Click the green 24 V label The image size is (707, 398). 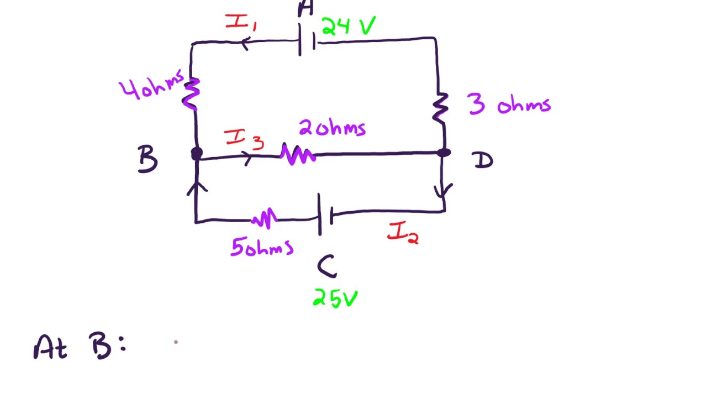pyautogui.click(x=348, y=26)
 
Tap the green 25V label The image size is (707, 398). pyautogui.click(x=335, y=298)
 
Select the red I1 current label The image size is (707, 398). pyautogui.click(x=240, y=23)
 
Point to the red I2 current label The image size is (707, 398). pyautogui.click(x=403, y=233)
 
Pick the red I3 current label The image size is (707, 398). pyautogui.click(x=244, y=139)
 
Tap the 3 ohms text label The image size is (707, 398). pyautogui.click(x=509, y=103)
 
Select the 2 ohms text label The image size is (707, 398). pyautogui.click(x=332, y=128)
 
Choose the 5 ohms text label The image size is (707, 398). pyautogui.click(x=261, y=248)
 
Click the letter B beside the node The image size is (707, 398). pyautogui.click(x=147, y=160)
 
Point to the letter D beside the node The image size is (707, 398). pyautogui.click(x=483, y=160)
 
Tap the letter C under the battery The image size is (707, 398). pyautogui.click(x=327, y=266)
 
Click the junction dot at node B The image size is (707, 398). pyautogui.click(x=197, y=154)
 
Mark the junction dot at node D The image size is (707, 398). pyautogui.click(x=444, y=153)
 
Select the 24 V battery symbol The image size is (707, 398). pyautogui.click(x=307, y=41)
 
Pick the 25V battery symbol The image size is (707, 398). pyautogui.click(x=325, y=214)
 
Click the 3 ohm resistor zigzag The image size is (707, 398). pyautogui.click(x=440, y=107)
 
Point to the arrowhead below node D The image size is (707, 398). pyautogui.click(x=443, y=191)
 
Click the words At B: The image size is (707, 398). pyautogui.click(x=80, y=347)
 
